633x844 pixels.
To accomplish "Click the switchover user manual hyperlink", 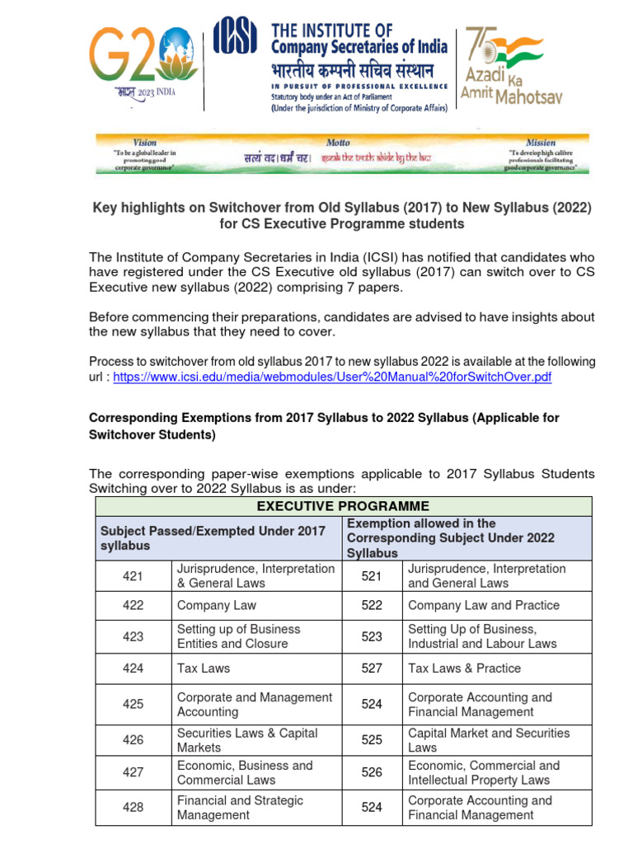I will [x=332, y=377].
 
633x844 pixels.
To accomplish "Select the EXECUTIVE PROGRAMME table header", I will [x=343, y=506].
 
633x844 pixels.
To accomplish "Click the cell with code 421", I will [x=133, y=576].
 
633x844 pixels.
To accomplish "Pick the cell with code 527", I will [x=372, y=668].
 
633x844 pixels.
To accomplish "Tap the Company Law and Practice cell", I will [x=483, y=605].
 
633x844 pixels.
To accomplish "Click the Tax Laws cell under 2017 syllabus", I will [x=204, y=668].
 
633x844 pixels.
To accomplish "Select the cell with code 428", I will [x=133, y=808].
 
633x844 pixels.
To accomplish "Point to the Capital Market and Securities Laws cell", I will [x=489, y=740].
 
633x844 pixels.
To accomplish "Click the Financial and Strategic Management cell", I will [x=240, y=808].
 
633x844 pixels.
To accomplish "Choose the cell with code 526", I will [x=372, y=772].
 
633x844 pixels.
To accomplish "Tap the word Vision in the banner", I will [x=144, y=143].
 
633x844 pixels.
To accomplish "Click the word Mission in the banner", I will [x=541, y=143].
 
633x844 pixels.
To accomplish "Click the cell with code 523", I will [x=372, y=636].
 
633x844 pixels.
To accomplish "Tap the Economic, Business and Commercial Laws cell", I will [x=245, y=772].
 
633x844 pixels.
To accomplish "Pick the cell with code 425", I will [x=133, y=704].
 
